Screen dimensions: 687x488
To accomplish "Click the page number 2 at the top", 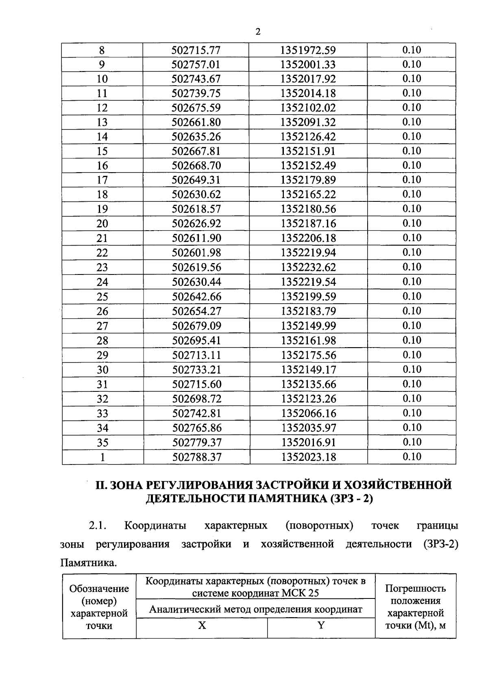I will click(257, 32).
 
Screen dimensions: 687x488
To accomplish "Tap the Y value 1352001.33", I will click(308, 65).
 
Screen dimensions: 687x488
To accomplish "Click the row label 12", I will click(102, 108).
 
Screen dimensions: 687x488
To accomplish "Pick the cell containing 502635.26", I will click(196, 137).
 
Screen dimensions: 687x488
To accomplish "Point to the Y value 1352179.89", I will click(308, 180).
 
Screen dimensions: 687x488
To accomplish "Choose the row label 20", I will click(102, 224).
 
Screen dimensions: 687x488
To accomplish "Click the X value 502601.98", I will click(196, 253).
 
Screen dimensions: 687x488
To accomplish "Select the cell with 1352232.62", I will click(308, 268).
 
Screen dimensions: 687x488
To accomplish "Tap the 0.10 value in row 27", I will click(412, 325).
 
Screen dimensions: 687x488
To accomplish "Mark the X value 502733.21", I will click(196, 370).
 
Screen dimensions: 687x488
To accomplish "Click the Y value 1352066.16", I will click(309, 413).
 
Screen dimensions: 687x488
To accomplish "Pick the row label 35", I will click(102, 443).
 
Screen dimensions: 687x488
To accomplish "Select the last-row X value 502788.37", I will click(197, 457).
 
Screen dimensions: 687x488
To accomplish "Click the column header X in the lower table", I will click(202, 625).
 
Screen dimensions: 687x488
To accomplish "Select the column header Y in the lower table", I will click(321, 625).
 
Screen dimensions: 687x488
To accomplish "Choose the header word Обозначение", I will click(99, 589).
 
